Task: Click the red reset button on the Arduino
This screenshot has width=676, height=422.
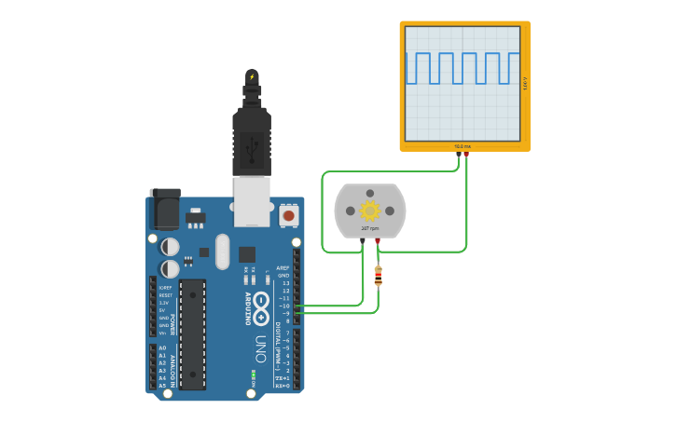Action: click(x=288, y=215)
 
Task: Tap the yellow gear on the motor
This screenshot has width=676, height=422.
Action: click(x=370, y=210)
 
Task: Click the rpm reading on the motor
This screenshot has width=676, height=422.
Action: click(x=370, y=228)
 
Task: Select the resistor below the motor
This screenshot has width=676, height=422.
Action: click(x=378, y=276)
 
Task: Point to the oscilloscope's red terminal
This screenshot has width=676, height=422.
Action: click(x=466, y=154)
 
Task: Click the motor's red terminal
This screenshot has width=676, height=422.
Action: click(x=378, y=241)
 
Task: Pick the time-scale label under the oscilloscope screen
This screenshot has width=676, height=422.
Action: click(x=463, y=146)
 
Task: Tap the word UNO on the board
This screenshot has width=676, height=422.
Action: click(x=261, y=347)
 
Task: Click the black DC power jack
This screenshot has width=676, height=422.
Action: click(x=165, y=209)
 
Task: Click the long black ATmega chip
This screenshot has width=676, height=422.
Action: click(x=193, y=333)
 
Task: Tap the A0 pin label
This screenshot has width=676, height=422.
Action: click(x=162, y=348)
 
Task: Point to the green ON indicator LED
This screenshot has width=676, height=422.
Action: click(x=253, y=376)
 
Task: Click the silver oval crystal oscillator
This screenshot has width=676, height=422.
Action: click(x=221, y=251)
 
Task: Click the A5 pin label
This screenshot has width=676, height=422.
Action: click(x=162, y=386)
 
